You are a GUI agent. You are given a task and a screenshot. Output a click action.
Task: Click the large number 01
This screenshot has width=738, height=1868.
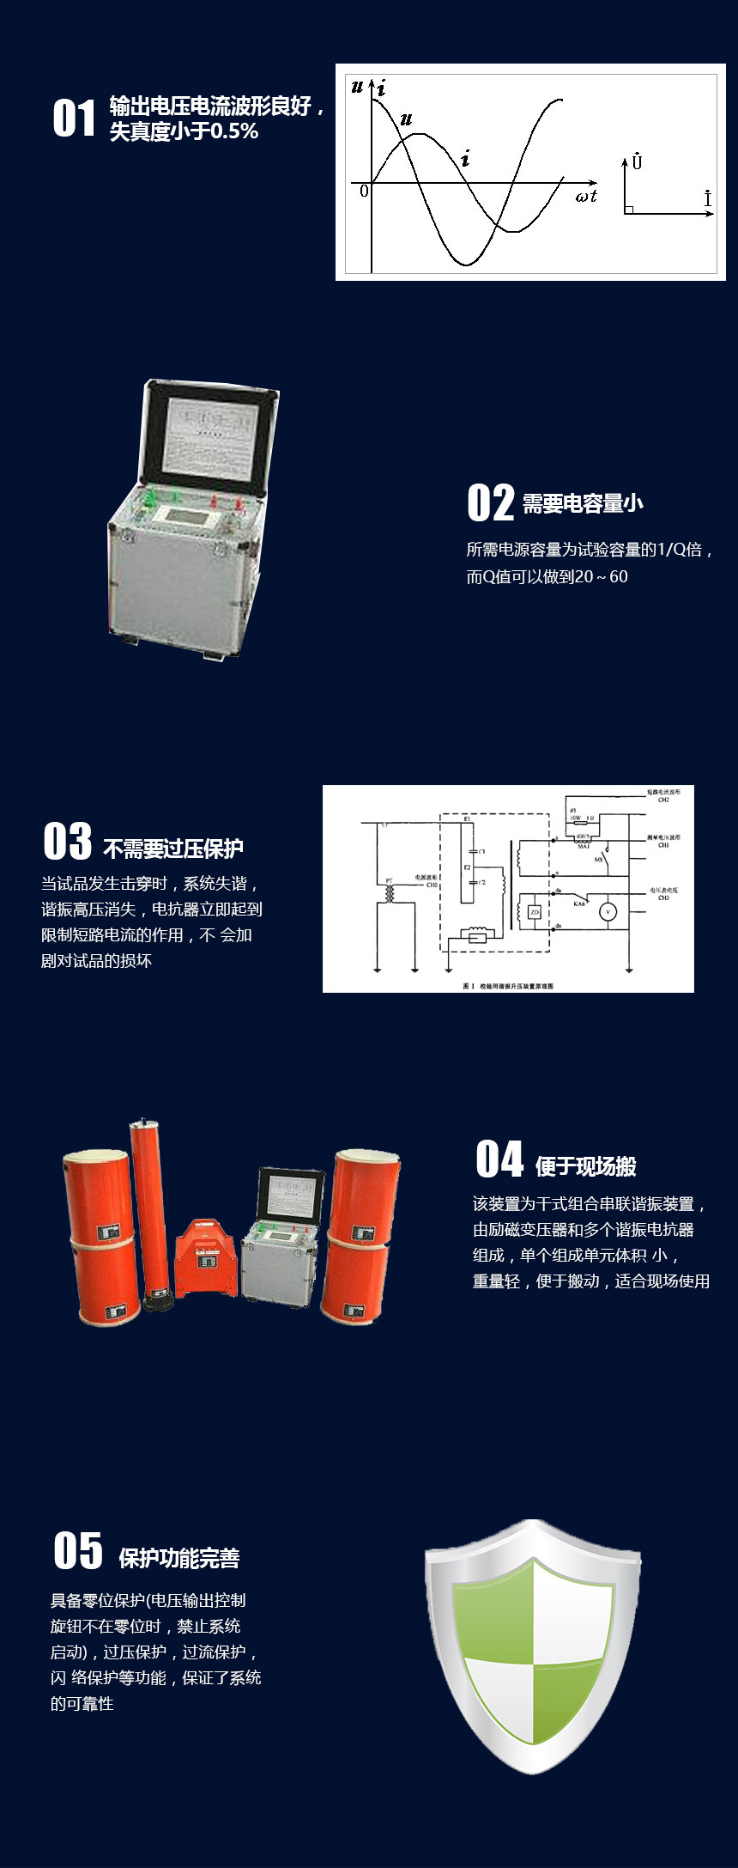point(74,118)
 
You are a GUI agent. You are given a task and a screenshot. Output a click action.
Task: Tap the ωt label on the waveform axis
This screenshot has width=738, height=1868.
point(586,196)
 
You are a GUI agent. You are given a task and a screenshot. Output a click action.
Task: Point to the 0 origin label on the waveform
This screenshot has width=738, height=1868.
point(364,191)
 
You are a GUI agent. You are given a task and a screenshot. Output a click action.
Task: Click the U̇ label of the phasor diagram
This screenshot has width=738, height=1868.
point(636,161)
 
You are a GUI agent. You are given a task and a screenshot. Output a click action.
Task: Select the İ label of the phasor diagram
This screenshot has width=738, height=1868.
point(707,198)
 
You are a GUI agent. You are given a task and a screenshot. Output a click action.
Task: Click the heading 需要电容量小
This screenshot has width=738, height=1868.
point(583,504)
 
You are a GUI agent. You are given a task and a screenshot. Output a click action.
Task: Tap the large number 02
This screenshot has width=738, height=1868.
point(490,502)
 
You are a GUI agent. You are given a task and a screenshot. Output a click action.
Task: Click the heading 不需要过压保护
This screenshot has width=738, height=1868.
point(173,849)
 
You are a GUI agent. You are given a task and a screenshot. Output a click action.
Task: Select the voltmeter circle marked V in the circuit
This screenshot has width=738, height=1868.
point(608,912)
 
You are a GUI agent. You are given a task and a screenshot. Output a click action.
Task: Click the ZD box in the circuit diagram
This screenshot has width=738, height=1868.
point(535,912)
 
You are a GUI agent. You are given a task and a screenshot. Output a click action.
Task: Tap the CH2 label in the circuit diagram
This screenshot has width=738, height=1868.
point(663,800)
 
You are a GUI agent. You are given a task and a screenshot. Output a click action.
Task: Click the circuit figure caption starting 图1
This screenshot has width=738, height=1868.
point(508,985)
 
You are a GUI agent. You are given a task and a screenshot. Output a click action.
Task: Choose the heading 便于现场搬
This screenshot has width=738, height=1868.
point(585,1166)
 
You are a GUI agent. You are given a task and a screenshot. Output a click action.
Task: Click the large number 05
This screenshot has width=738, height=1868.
point(77,1550)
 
